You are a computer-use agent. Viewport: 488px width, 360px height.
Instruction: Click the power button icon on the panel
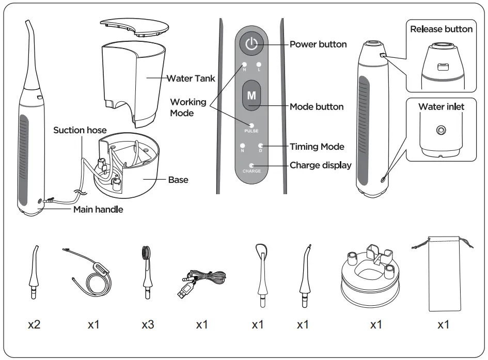(x=251, y=44)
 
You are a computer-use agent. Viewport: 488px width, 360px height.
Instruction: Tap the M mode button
(x=251, y=96)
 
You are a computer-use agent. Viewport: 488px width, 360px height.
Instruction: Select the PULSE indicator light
(x=251, y=125)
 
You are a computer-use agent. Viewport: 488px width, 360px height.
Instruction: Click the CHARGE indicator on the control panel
(x=251, y=165)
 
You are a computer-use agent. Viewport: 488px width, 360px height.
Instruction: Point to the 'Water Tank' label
(x=191, y=79)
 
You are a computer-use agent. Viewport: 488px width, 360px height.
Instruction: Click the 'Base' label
(x=178, y=180)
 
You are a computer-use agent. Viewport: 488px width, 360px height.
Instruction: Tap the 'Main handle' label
(x=98, y=210)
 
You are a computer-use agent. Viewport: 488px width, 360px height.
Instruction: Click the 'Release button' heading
(x=441, y=29)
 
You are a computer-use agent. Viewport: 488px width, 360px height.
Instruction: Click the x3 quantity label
(x=148, y=325)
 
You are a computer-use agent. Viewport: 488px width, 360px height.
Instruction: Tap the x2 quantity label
(x=34, y=325)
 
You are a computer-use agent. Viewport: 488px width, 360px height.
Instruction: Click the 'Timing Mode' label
(x=317, y=147)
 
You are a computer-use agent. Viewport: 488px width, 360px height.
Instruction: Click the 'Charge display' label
(x=320, y=165)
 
